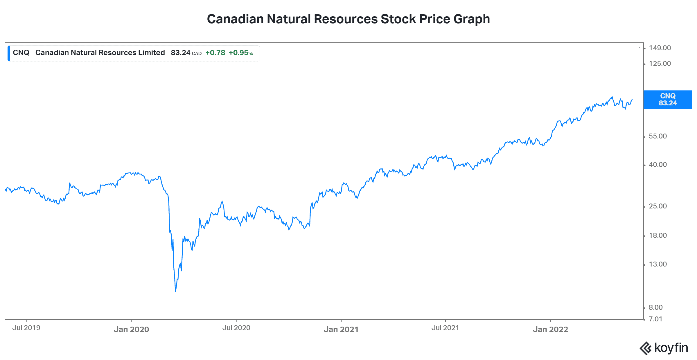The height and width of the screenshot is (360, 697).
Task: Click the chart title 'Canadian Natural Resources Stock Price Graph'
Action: point(348,19)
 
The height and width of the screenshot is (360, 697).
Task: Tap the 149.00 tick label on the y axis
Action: point(660,48)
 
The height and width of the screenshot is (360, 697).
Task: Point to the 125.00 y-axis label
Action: point(660,64)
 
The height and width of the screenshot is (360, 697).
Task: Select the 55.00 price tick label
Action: point(658,136)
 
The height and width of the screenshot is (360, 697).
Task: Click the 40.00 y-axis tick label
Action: point(658,165)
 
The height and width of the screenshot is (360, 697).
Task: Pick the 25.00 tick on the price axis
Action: point(658,206)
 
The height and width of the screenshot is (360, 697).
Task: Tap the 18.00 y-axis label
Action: point(658,235)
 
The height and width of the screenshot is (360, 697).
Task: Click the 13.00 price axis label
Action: point(658,264)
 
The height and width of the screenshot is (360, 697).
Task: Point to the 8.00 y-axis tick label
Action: point(656,307)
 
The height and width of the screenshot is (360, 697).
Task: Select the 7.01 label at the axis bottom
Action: point(655,319)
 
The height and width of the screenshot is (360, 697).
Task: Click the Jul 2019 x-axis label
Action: point(26,328)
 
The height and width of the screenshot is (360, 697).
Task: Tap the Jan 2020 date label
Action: point(131,329)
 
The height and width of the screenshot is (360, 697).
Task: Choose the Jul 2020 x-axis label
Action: point(236,328)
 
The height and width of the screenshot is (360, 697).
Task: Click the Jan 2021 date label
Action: point(341,329)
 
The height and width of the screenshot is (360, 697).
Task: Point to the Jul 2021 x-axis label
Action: point(445,328)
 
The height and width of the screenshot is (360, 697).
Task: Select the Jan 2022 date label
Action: point(550,329)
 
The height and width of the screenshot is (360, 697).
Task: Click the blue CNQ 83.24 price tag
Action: point(668,100)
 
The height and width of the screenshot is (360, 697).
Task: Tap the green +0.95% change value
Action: point(241,53)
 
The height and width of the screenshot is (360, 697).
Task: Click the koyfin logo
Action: point(664,348)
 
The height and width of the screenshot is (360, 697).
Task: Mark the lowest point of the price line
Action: point(176,291)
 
